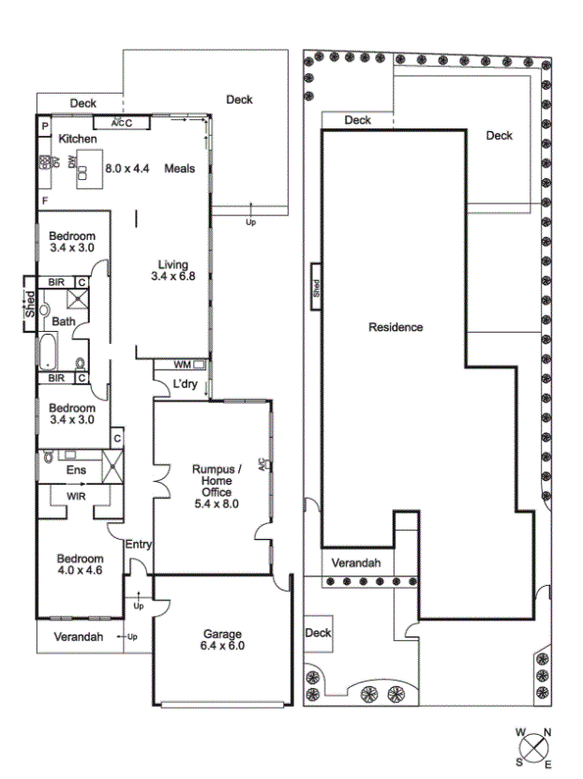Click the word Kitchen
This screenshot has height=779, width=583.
click(78, 139)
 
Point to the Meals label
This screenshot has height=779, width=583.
click(179, 169)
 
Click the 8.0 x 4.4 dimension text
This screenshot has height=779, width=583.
click(127, 169)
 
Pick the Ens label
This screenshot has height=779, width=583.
click(76, 470)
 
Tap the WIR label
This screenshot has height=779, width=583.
click(76, 496)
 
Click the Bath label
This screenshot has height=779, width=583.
click(64, 322)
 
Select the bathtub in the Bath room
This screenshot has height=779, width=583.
click(48, 351)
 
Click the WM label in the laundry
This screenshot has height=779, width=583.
click(182, 365)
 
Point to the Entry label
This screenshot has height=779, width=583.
click(138, 545)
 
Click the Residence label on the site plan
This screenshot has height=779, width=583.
click(396, 327)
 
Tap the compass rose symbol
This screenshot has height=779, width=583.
click(534, 748)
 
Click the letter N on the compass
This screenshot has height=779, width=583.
click(547, 732)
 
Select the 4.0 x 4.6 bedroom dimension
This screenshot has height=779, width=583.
click(80, 570)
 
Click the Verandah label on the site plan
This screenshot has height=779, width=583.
click(356, 562)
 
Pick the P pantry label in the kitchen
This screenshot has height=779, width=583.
click(45, 127)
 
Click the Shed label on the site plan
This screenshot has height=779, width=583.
click(316, 287)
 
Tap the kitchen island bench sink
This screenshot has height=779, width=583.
click(82, 172)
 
